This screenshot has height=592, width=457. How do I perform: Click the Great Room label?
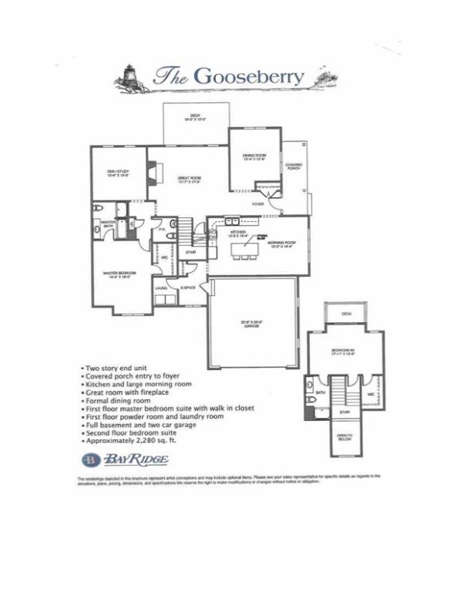click(189, 180)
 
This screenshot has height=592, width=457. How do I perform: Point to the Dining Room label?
click(254, 157)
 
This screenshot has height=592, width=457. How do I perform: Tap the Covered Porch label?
click(294, 165)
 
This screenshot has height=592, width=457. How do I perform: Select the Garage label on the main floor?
click(251, 325)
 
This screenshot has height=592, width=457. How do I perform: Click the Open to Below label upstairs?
click(344, 438)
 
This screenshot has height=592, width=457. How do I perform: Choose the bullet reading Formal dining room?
click(116, 401)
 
